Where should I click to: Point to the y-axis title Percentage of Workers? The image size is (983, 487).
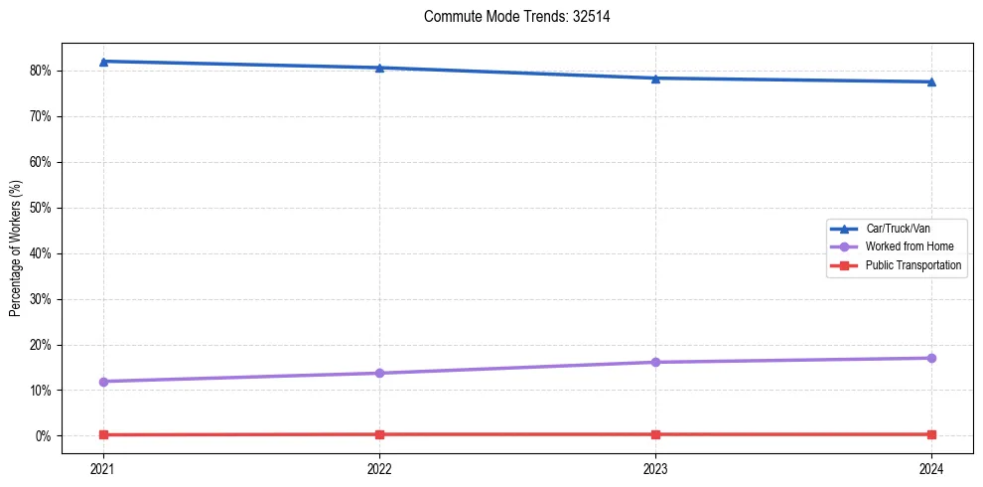click(15, 248)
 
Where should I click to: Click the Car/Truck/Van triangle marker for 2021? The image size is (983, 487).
click(103, 62)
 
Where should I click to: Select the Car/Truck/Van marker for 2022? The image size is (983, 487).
click(379, 68)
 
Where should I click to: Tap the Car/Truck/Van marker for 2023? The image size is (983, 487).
click(655, 79)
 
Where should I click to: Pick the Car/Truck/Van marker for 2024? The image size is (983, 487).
click(931, 81)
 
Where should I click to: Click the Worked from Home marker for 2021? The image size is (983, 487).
click(103, 382)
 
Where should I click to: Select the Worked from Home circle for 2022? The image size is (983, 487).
click(379, 373)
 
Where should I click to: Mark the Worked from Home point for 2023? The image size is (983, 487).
click(655, 362)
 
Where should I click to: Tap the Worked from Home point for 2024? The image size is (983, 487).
click(931, 358)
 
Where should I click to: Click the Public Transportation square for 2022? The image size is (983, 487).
click(379, 434)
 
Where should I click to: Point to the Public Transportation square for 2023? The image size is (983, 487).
click(655, 434)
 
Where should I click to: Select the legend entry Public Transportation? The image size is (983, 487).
click(913, 265)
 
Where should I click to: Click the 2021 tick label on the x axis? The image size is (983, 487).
click(103, 467)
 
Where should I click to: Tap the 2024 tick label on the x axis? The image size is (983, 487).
click(931, 467)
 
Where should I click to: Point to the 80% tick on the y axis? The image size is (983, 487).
click(40, 71)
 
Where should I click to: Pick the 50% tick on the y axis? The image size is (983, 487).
click(40, 208)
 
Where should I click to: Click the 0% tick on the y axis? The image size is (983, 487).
click(43, 436)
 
